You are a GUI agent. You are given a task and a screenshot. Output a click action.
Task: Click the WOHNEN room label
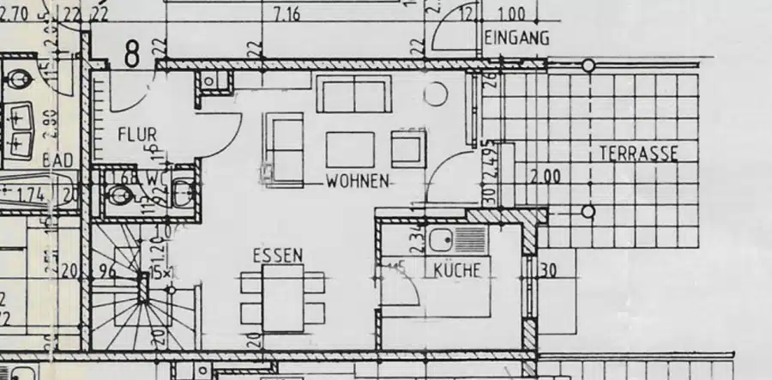358,182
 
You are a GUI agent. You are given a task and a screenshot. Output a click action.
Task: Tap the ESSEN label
277,256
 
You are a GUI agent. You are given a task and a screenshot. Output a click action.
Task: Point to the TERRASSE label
638,154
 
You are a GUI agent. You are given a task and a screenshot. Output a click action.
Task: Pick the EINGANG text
516,39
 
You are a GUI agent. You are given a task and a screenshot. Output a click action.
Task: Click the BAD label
57,162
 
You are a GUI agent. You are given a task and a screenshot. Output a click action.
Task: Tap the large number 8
131,54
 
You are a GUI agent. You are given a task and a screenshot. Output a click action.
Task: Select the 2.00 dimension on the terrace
546,178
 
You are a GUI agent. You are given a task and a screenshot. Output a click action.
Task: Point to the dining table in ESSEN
283,297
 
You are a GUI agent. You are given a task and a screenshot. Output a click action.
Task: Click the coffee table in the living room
350,149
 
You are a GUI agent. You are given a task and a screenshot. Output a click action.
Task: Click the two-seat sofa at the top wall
353,93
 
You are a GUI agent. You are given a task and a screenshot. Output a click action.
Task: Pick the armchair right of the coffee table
408,148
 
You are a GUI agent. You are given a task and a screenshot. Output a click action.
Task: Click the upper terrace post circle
588,66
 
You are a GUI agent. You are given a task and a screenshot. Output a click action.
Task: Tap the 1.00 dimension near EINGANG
511,15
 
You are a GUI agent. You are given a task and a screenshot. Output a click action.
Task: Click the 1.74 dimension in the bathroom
32,194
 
